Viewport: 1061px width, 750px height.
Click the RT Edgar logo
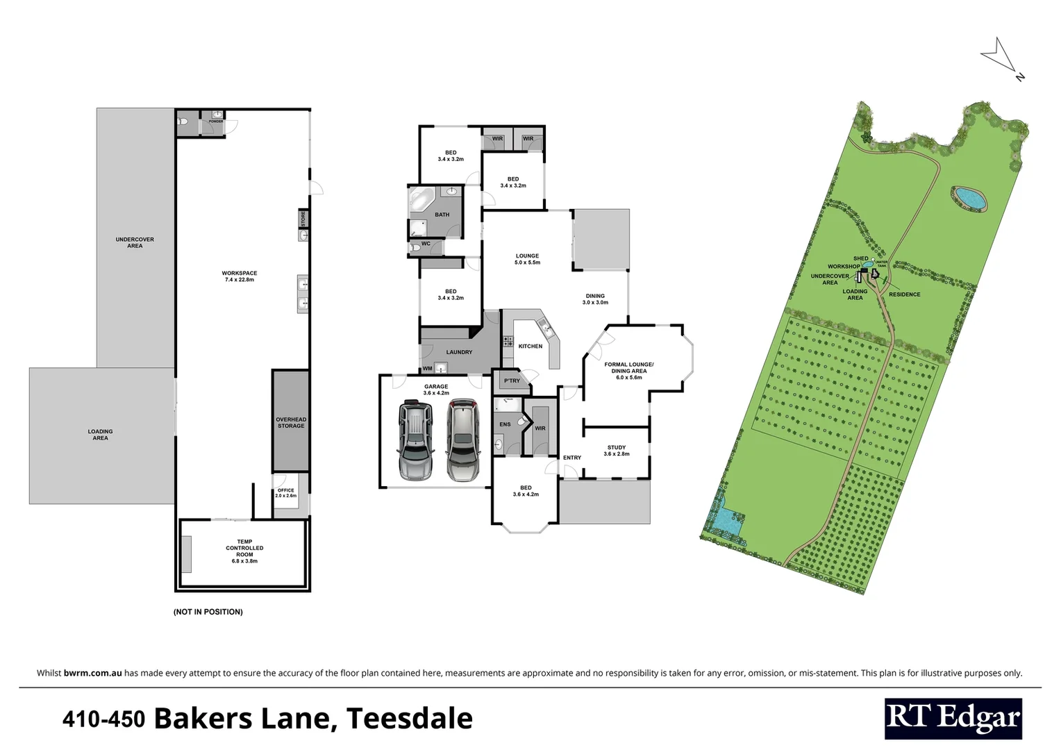pos(953,718)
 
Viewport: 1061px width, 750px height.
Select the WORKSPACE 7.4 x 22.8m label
pos(240,276)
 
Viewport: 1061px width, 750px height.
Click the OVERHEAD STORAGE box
pos(290,422)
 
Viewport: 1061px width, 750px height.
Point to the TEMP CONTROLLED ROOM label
pos(244,551)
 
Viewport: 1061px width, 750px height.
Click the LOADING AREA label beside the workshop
pos(100,435)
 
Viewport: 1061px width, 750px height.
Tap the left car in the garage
pos(415,441)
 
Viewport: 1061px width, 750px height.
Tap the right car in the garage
pos(462,441)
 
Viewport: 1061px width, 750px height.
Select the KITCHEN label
pos(530,346)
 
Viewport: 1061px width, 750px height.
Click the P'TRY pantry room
pos(512,381)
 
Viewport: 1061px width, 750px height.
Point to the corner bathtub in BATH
pos(421,201)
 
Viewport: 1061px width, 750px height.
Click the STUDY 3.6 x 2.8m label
pos(616,451)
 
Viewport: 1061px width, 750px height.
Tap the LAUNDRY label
pos(459,352)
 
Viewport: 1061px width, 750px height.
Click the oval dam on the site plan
pos(969,198)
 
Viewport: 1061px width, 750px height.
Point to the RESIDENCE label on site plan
pos(904,294)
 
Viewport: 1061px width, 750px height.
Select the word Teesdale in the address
pos(409,718)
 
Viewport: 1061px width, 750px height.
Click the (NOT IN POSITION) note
pos(208,612)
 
